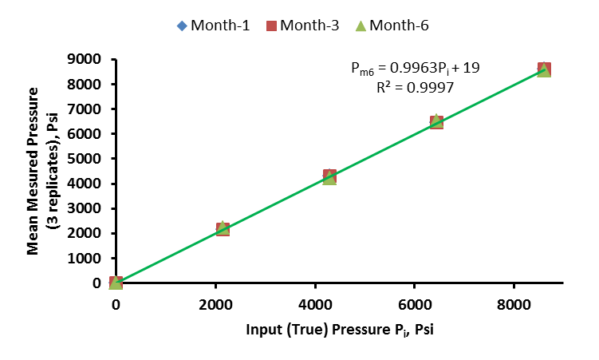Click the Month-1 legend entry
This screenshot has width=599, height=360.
pos(212,25)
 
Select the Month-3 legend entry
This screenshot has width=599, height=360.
pos(301,25)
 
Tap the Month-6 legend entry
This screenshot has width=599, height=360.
pos(391,25)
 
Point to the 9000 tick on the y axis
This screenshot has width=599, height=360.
pos(85,59)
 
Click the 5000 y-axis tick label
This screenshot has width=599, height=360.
pos(85,159)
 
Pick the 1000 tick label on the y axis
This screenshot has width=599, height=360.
pos(85,259)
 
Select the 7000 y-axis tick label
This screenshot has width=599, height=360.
pos(85,109)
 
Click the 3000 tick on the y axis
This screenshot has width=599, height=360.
pos(85,208)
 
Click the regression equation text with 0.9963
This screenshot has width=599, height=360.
pos(415,69)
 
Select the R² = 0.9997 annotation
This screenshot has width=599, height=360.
pos(415,88)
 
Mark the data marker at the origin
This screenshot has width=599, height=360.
pos(116,283)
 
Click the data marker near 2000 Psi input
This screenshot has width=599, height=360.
pos(223,229)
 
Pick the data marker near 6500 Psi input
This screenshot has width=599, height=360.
pos(436,121)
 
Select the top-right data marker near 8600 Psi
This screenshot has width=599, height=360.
pos(544,69)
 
